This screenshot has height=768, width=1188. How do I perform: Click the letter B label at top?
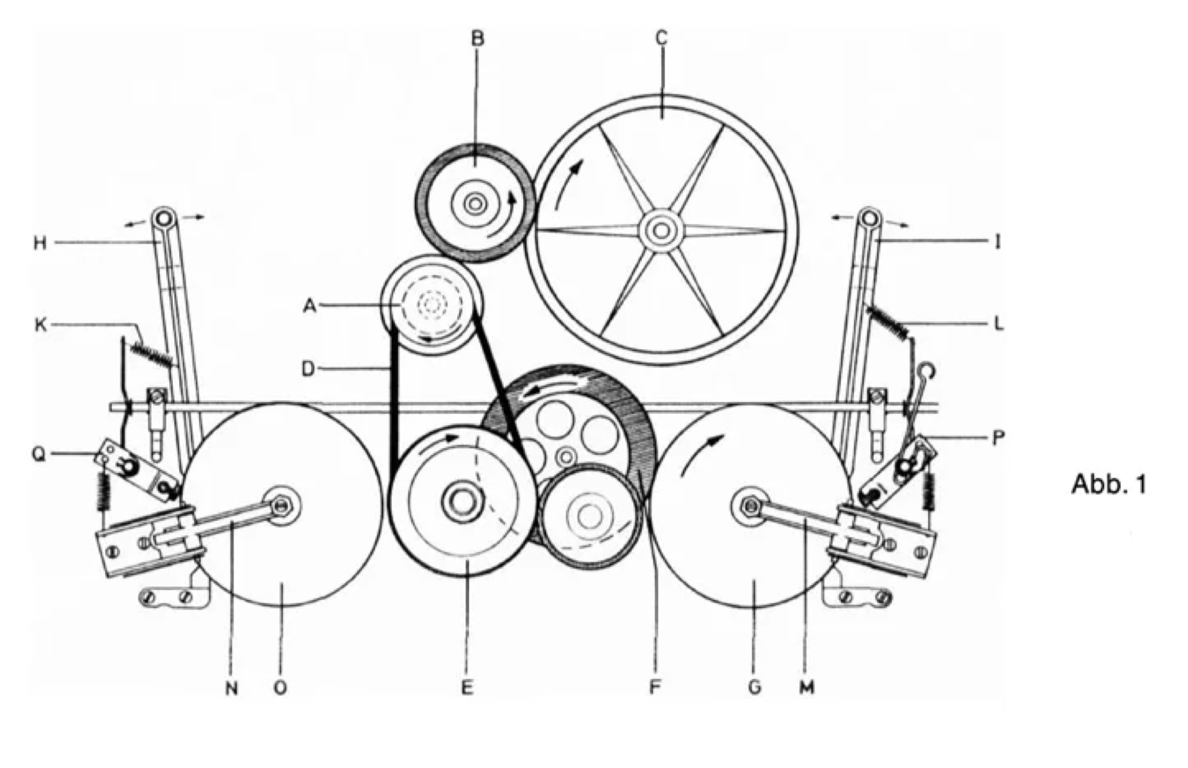[x=478, y=38]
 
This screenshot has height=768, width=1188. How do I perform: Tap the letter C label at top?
[x=661, y=38]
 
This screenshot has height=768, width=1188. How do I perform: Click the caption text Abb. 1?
[x=1108, y=484]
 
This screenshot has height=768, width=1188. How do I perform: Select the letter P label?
[x=997, y=438]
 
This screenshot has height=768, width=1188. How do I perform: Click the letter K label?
[x=40, y=325]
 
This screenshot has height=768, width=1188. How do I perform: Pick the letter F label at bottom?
[x=654, y=687]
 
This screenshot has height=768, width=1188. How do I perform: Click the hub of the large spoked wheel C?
[x=661, y=230]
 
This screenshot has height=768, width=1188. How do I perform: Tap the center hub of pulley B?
[x=475, y=203]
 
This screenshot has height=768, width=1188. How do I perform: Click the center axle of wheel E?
[x=462, y=501]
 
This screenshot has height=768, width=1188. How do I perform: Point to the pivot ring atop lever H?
[x=163, y=217]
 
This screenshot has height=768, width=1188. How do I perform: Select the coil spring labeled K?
[x=150, y=354]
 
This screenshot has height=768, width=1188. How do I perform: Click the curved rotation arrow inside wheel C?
[x=568, y=183]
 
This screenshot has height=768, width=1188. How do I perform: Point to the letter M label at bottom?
[x=807, y=687]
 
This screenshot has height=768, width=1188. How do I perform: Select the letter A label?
[x=310, y=306]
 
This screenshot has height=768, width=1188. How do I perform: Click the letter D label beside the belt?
[x=308, y=369]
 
